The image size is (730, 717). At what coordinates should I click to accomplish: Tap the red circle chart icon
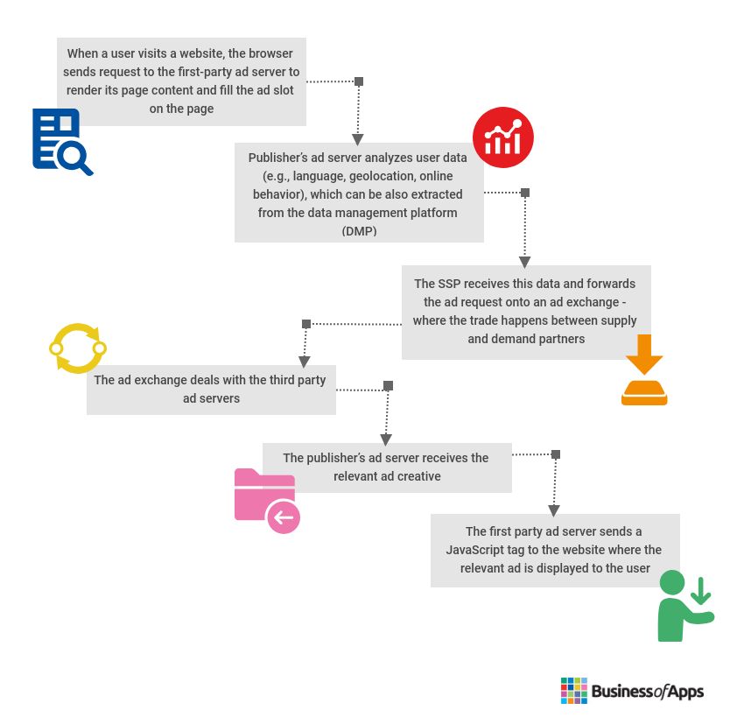pos(502,137)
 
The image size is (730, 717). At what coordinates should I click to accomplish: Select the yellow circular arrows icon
pos(78,348)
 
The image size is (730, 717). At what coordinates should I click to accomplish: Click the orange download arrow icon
pos(644,369)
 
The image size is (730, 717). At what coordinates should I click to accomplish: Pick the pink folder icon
pos(267,501)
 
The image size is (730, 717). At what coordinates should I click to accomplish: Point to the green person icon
pos(685,605)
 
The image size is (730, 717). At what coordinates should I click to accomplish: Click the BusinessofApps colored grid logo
pos(573,691)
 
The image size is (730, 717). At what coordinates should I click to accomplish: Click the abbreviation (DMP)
pos(359,231)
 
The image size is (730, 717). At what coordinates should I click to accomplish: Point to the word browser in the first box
pos(270,53)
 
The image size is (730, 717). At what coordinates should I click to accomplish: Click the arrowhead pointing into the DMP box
pos(357,139)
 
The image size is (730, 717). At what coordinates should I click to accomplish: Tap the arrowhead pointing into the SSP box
pos(524,262)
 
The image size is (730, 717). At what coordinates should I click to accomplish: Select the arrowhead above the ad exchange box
pos(305,362)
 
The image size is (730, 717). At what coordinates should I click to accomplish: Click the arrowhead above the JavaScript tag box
pos(554,510)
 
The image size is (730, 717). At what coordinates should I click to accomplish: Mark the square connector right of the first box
pos(359,81)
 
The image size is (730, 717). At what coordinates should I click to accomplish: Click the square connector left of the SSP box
pos(306,324)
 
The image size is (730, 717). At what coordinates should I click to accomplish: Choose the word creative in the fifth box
pos(419,476)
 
